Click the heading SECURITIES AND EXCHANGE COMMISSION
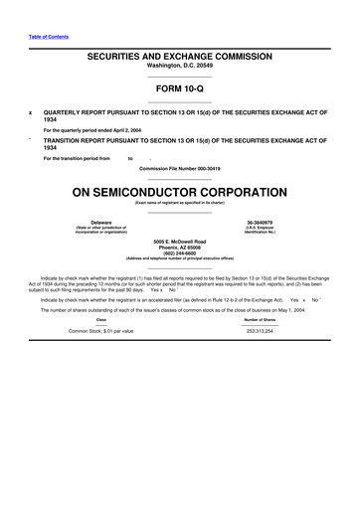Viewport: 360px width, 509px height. [179, 59]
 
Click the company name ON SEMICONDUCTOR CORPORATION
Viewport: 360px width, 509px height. [179, 191]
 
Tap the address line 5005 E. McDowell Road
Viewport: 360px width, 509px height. [179, 241]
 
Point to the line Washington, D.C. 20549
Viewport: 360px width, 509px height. [179, 69]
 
